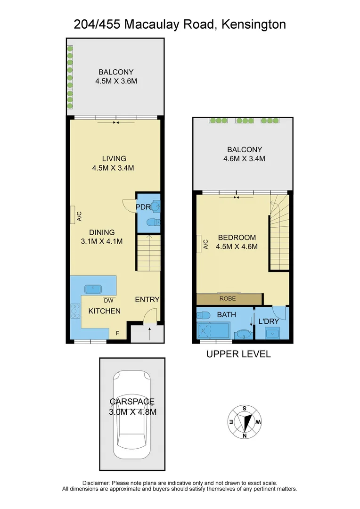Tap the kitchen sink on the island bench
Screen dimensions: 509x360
(92, 288)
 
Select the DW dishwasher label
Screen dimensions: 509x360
(108, 300)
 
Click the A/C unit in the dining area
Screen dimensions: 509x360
(74, 215)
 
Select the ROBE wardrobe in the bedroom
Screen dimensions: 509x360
(229, 298)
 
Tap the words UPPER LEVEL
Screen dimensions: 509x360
(238, 354)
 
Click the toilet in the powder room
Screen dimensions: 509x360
(154, 222)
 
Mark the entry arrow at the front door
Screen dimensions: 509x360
(149, 333)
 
